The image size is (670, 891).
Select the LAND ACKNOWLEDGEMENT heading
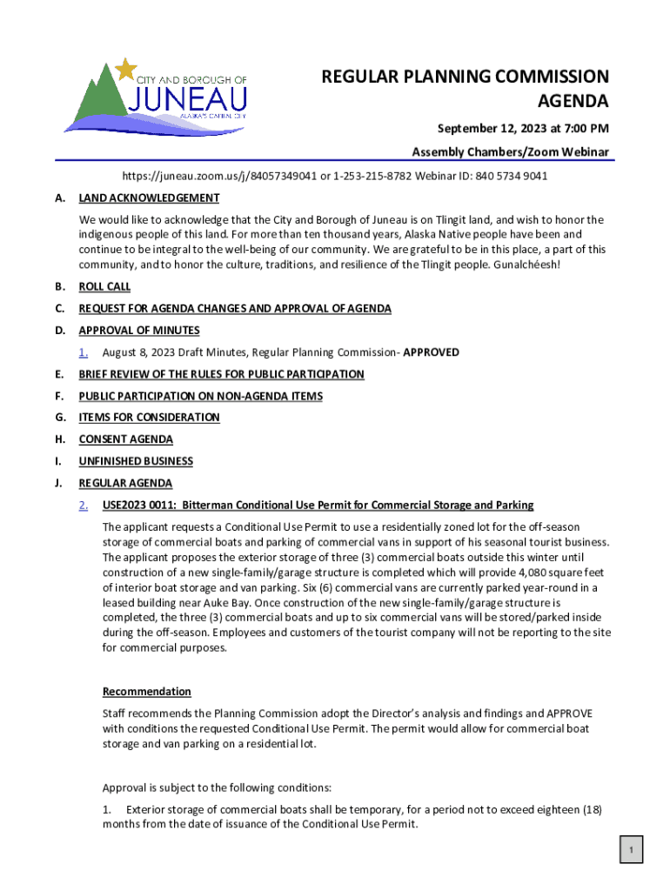(149, 198)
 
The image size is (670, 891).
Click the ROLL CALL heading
(104, 287)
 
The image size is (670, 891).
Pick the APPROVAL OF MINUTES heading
(139, 331)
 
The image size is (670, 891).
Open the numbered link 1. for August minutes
(84, 352)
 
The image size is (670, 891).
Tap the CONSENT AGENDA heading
(125, 439)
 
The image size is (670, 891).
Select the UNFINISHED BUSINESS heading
(136, 461)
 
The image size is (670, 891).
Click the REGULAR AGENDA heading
(125, 483)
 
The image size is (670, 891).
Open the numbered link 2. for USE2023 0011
(84, 506)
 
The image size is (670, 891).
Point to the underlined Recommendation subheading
(146, 692)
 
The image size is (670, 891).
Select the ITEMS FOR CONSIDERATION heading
(149, 418)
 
